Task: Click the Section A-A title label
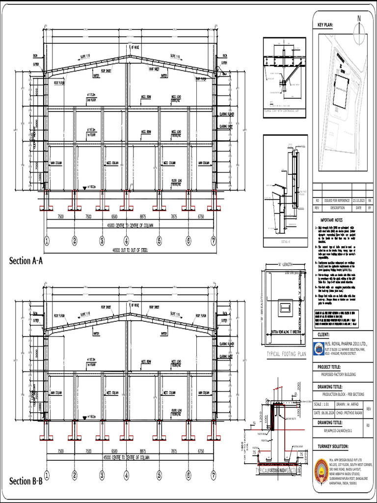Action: [26, 261]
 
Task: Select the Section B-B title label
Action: [26, 481]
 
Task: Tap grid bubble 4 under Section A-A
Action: [126, 241]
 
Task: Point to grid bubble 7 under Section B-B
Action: [213, 475]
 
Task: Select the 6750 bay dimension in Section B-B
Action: [201, 451]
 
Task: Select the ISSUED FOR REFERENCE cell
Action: [337, 200]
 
